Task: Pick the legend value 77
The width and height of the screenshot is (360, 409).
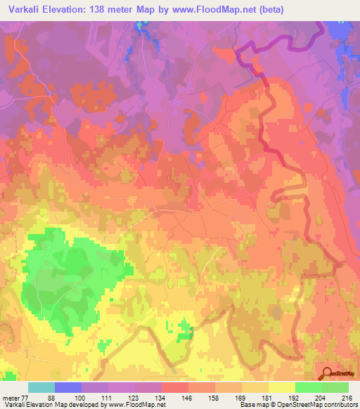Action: [26, 397]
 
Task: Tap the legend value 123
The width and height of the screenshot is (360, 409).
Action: [133, 397]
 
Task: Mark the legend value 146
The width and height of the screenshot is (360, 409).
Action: [186, 397]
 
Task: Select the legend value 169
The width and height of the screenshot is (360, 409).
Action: [240, 397]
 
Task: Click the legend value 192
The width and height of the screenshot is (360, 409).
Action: [293, 397]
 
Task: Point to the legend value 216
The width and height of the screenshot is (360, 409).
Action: [347, 397]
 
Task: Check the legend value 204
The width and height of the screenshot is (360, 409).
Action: [320, 397]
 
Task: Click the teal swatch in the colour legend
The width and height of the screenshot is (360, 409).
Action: [41, 387]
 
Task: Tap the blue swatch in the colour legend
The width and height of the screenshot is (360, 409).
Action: [68, 387]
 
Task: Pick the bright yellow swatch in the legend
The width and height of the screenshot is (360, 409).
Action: [282, 387]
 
